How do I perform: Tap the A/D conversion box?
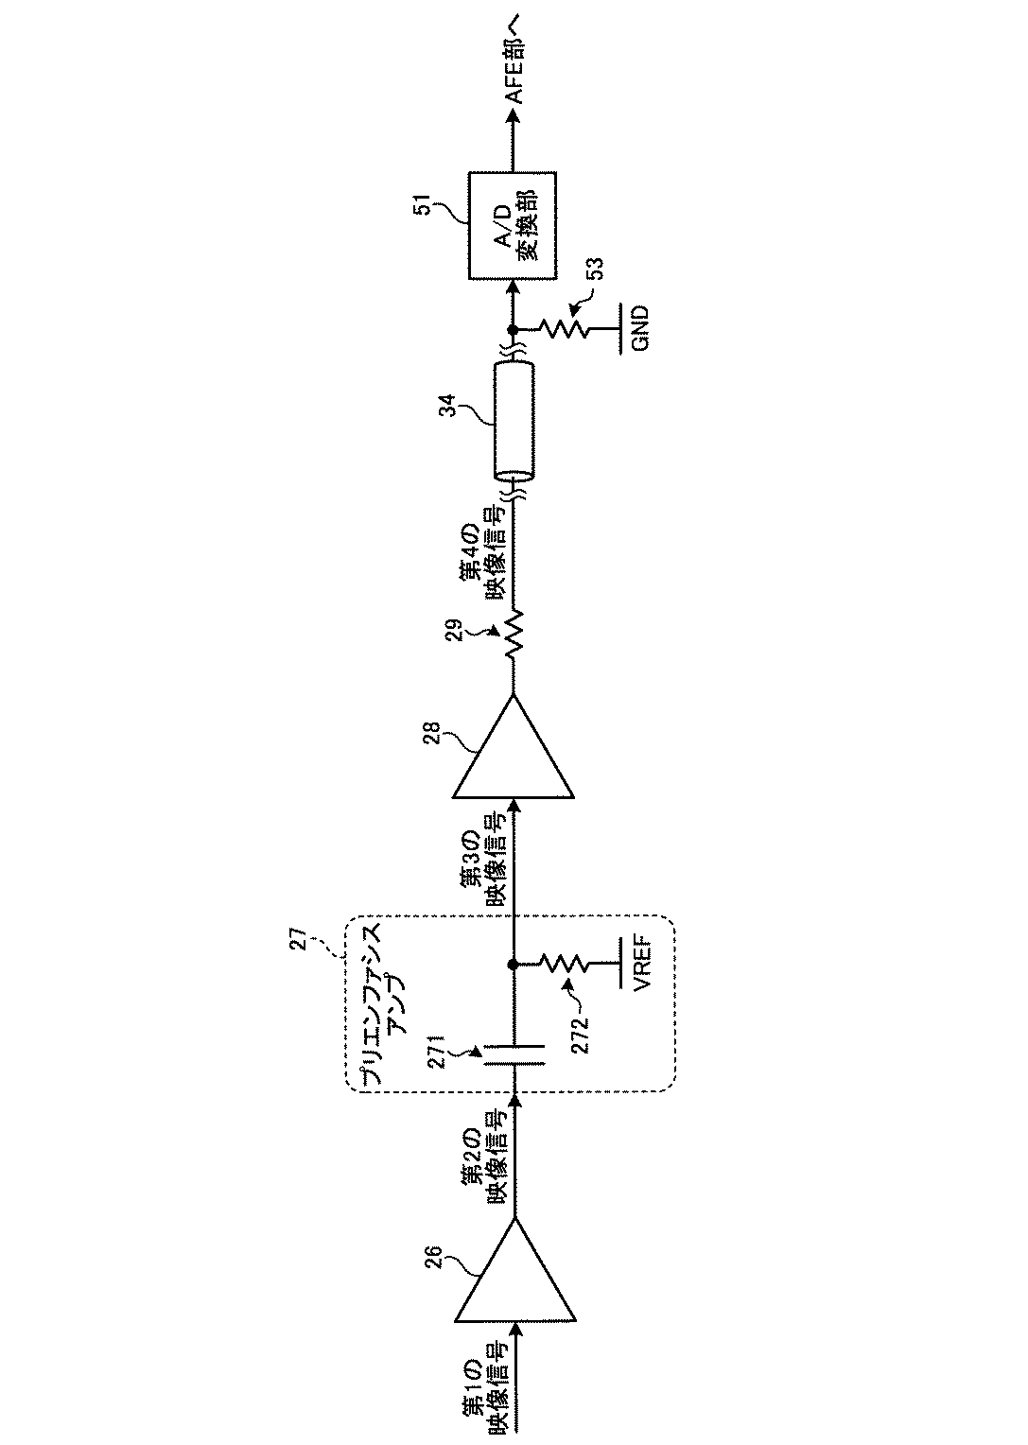tap(513, 225)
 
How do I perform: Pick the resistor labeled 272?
tap(565, 965)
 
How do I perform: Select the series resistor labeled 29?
tap(514, 635)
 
